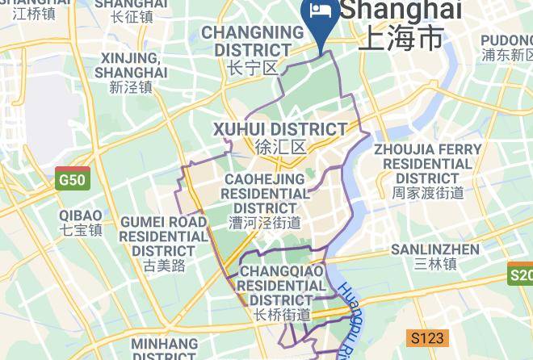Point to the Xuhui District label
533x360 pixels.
tap(279, 130)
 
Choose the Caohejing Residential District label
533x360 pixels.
tap(265, 194)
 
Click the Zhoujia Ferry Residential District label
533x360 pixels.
tap(427, 164)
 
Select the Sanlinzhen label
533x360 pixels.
tap(434, 249)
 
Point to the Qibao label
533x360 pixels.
tap(81, 216)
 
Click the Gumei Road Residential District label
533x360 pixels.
tap(164, 236)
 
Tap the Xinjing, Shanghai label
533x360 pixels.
tap(132, 65)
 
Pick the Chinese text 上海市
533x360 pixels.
tap(401, 38)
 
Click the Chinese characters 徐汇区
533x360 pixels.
tap(280, 148)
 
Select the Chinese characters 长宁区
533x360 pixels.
tap(253, 68)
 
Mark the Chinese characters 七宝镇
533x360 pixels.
tap(81, 230)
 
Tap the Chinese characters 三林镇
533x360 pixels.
tap(435, 264)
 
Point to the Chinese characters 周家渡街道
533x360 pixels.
tap(428, 193)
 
